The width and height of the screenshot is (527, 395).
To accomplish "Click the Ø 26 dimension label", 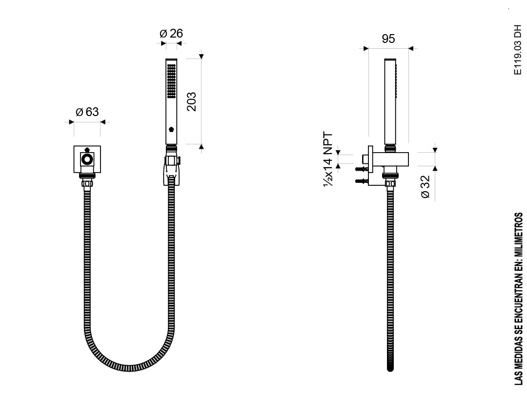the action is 171,33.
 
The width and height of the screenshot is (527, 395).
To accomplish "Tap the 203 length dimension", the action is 191,101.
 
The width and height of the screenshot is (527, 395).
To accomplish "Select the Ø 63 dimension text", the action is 87,112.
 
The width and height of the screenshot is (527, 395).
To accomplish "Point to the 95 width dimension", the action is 388,39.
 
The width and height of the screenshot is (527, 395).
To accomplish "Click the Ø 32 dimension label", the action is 425,187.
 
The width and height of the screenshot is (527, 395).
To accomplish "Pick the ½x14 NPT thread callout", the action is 328,159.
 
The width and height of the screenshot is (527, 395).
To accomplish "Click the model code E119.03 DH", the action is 518,50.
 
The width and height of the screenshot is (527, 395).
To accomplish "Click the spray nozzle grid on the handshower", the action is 171,81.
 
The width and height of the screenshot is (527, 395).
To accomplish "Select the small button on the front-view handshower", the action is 171,129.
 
